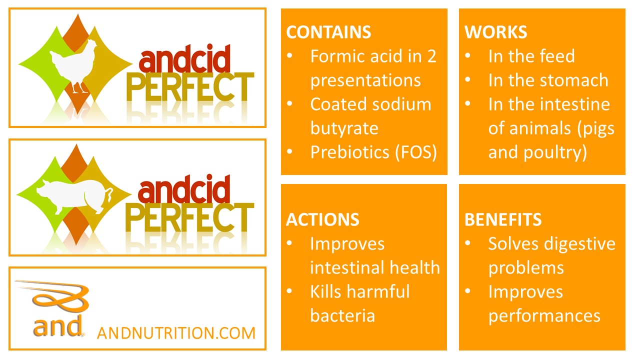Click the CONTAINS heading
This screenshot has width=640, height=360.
click(328, 32)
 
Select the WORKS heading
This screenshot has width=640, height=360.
click(495, 32)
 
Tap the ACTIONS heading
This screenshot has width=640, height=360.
click(322, 219)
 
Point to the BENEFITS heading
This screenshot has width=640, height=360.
click(503, 219)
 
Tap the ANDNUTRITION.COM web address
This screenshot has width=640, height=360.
click(176, 333)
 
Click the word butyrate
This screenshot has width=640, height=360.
click(344, 128)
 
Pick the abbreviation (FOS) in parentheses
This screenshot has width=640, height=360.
click(416, 152)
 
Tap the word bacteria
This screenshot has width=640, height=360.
click(342, 315)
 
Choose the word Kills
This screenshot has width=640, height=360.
click(326, 291)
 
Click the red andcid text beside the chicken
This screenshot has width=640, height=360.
click(184, 58)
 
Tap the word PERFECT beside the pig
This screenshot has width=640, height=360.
click(189, 217)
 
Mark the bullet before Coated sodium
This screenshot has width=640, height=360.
click(289, 103)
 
